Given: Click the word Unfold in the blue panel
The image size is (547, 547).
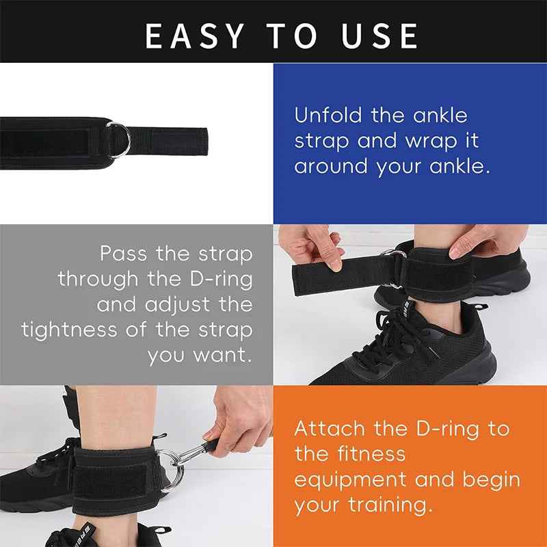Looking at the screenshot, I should click(328, 116).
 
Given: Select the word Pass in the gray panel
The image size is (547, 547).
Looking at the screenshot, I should click(124, 254).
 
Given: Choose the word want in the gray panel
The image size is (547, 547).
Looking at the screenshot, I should click(221, 356).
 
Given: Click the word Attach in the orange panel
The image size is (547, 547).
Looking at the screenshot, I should click(330, 429).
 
